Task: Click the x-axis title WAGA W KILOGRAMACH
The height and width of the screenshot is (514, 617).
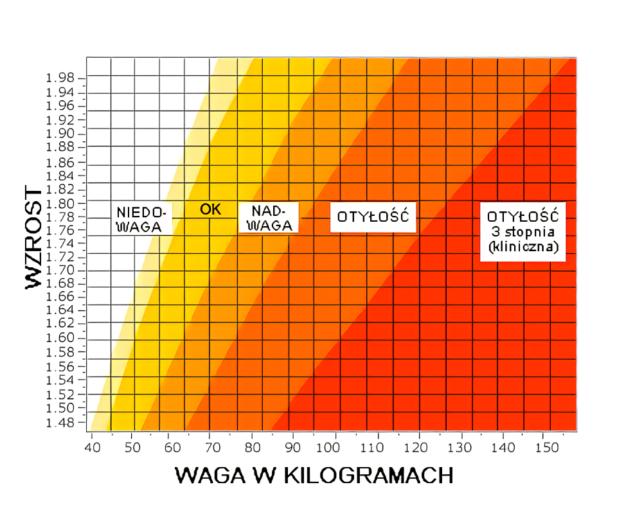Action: (x=314, y=475)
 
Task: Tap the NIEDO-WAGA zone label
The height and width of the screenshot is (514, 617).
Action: (x=142, y=218)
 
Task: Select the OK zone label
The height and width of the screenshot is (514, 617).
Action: (x=210, y=209)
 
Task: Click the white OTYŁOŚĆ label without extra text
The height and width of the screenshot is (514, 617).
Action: (x=373, y=217)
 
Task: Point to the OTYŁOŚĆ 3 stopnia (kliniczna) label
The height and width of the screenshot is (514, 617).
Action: (x=523, y=230)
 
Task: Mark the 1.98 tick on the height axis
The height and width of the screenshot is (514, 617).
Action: (x=60, y=78)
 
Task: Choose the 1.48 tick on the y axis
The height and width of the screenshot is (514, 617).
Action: (x=60, y=422)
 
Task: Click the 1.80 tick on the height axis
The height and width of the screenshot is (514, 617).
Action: (x=60, y=203)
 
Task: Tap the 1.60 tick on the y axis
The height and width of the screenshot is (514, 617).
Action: (x=60, y=339)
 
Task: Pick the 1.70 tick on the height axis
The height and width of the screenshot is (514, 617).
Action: (x=60, y=270)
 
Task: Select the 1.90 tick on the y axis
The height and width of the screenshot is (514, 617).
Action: (x=60, y=134)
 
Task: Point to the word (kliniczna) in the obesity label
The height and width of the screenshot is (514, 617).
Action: (x=523, y=247)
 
